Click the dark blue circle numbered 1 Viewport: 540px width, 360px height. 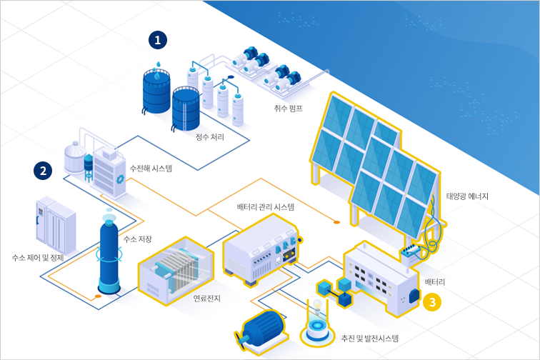(158, 40)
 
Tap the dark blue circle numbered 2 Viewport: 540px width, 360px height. (43, 171)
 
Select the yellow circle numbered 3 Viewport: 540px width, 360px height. (432, 302)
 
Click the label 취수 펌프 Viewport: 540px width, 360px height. (289, 109)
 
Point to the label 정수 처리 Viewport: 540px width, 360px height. (210, 137)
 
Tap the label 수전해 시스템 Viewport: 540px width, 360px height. (151, 169)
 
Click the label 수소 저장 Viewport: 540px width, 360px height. (137, 239)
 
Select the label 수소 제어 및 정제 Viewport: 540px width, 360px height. (38, 258)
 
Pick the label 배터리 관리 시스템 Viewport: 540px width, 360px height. (266, 207)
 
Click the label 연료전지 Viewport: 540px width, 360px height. (207, 299)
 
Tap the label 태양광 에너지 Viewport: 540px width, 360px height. (467, 196)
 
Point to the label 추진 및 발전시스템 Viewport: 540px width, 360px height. (370, 339)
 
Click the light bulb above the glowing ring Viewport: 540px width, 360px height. (317, 306)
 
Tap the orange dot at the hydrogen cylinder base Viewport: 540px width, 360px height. (98, 296)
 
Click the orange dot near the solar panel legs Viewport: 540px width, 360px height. (336, 222)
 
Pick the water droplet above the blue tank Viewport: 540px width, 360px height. (159, 64)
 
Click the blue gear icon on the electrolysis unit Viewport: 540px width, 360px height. (120, 179)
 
